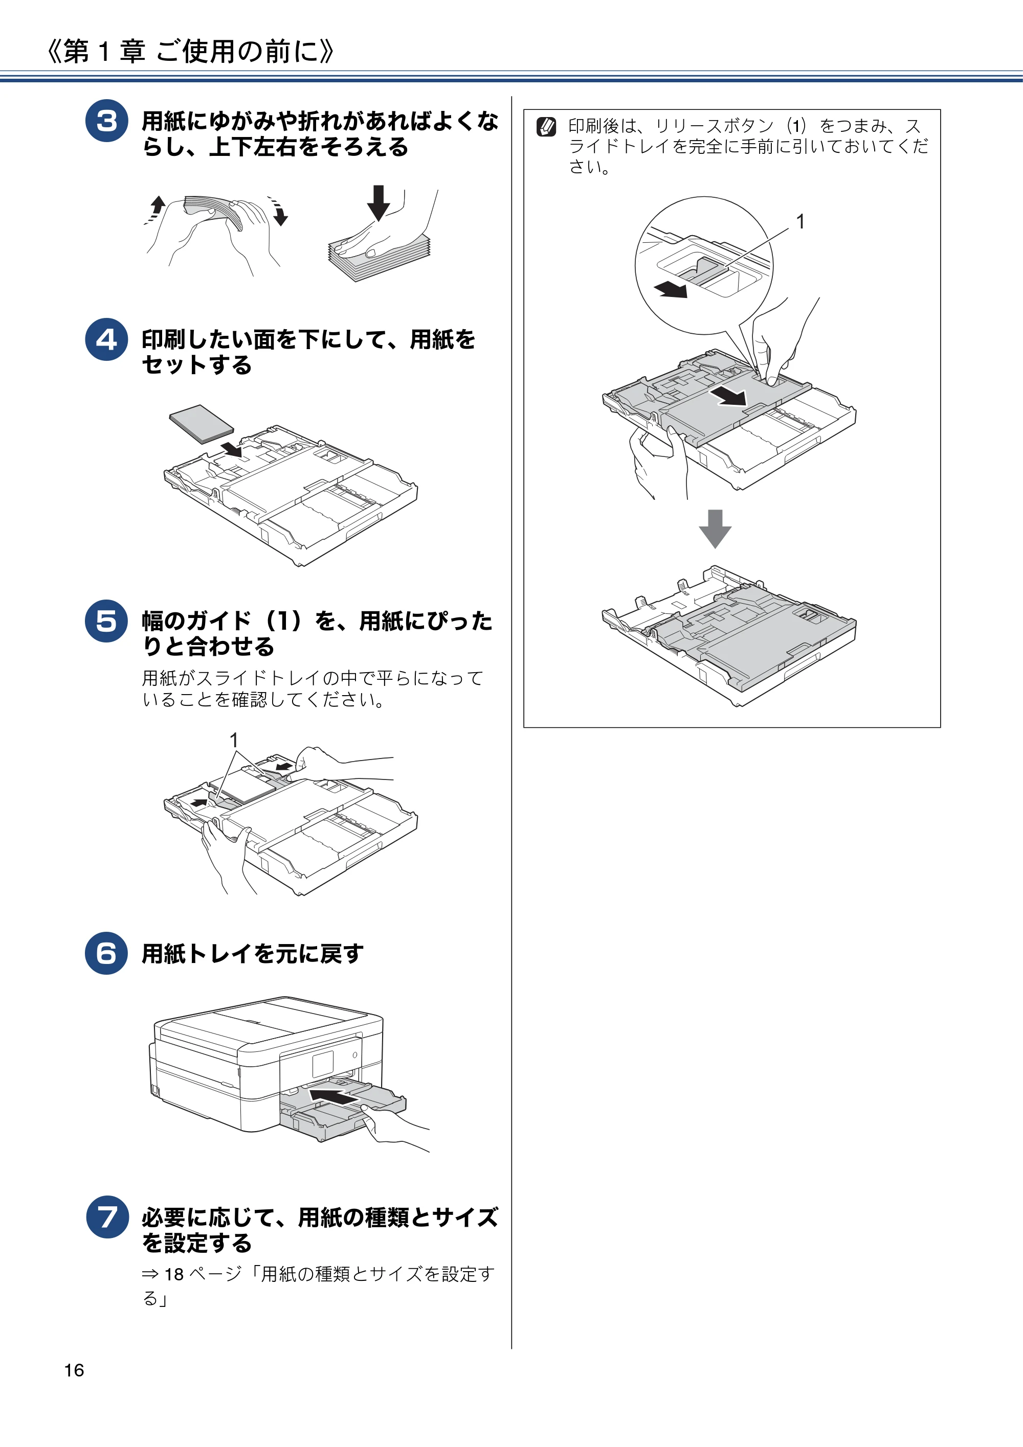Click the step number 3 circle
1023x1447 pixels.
click(x=106, y=121)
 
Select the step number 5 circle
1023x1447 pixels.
click(x=106, y=621)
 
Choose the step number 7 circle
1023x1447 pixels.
click(x=108, y=1217)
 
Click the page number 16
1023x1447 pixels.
click(x=74, y=1370)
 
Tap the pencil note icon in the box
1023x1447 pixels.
click(x=546, y=127)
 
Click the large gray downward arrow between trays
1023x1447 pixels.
click(x=715, y=528)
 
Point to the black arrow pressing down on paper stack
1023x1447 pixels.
click(x=379, y=203)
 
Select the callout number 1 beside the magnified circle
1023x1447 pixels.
click(x=800, y=222)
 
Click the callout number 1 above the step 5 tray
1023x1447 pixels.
click(x=234, y=740)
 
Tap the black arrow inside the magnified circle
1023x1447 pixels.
click(x=671, y=289)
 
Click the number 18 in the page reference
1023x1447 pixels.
click(x=174, y=1274)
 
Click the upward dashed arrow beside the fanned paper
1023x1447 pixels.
click(x=155, y=209)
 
